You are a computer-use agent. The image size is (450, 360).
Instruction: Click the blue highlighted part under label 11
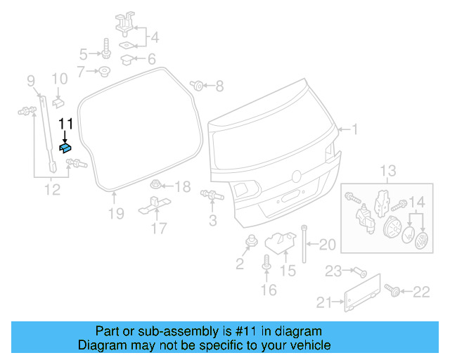[x=66, y=147]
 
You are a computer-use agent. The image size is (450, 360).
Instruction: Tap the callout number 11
[x=65, y=124]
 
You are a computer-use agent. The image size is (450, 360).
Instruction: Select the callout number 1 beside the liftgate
[x=355, y=129]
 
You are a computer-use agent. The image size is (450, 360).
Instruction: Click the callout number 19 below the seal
[x=116, y=213]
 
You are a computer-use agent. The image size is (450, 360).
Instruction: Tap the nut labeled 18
[x=157, y=186]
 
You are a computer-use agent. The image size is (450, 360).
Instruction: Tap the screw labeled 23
[x=356, y=271]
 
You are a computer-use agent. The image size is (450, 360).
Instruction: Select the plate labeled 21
[x=363, y=292]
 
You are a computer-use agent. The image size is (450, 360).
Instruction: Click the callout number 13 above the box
[x=388, y=171]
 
